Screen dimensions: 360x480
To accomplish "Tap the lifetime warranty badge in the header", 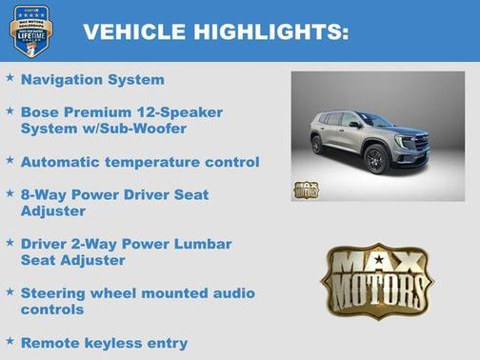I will click(30, 30).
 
